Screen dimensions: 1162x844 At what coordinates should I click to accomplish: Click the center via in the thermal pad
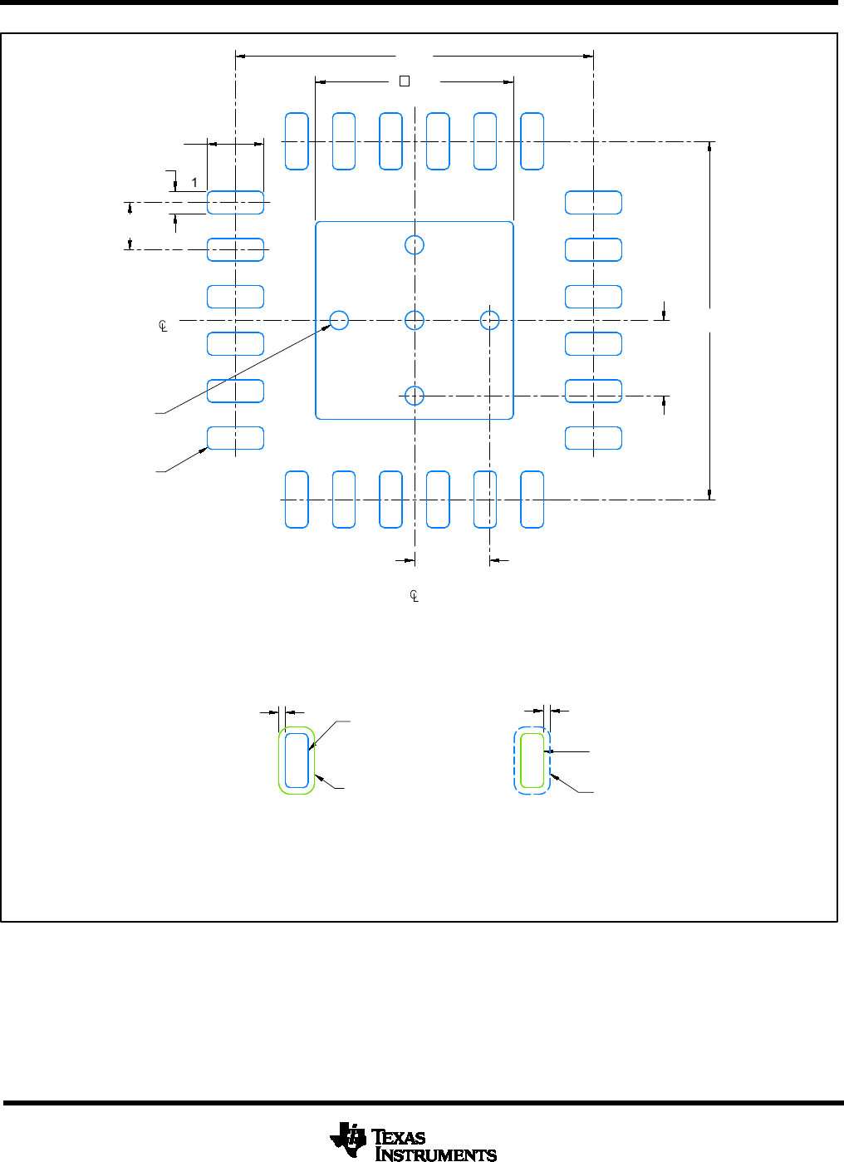[x=415, y=320]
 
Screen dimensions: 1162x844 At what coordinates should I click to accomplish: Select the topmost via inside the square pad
[x=415, y=244]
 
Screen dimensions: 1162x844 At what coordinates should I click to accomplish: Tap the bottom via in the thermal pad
[x=415, y=396]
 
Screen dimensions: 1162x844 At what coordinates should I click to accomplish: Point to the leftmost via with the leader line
[x=339, y=320]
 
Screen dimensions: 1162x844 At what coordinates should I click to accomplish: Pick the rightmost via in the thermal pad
[x=490, y=320]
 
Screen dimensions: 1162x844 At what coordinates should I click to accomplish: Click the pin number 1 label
[x=194, y=182]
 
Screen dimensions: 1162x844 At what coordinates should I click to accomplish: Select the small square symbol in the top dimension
[x=405, y=81]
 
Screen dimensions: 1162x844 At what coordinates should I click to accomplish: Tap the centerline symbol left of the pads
[x=164, y=327]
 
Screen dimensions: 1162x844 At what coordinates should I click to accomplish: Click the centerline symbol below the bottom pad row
[x=415, y=596]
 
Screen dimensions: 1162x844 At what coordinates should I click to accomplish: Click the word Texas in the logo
[x=399, y=1137]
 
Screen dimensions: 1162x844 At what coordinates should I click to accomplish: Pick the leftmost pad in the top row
[x=297, y=141]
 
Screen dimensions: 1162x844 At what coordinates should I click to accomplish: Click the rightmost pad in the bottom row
[x=532, y=500]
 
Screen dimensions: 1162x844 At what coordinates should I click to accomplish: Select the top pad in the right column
[x=593, y=202]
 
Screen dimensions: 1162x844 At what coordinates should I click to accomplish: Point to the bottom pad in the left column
[x=235, y=438]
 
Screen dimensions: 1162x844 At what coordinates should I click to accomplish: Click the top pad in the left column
[x=235, y=202]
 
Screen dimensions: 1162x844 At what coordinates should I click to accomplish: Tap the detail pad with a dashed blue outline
[x=532, y=760]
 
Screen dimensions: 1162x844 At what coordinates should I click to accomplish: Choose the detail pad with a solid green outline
[x=297, y=760]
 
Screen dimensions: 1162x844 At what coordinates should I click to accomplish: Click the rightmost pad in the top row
[x=532, y=141]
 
